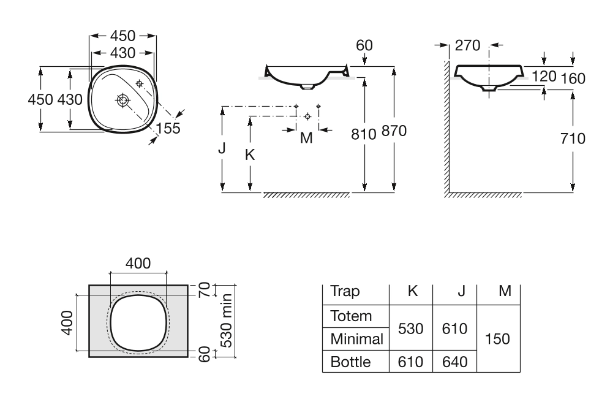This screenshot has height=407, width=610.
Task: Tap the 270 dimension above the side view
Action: click(468, 46)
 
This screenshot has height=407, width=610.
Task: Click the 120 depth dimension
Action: click(544, 77)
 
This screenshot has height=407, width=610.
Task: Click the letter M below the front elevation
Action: click(306, 138)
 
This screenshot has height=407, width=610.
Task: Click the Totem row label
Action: click(351, 317)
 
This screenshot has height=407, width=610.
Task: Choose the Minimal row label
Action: click(356, 339)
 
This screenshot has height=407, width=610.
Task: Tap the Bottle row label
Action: click(350, 362)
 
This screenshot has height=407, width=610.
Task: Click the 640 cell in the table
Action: click(454, 362)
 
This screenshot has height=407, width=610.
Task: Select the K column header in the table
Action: click(412, 291)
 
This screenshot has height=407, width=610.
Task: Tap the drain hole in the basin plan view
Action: click(123, 100)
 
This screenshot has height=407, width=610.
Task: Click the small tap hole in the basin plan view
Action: click(139, 83)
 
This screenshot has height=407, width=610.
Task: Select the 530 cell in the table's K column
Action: click(411, 328)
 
